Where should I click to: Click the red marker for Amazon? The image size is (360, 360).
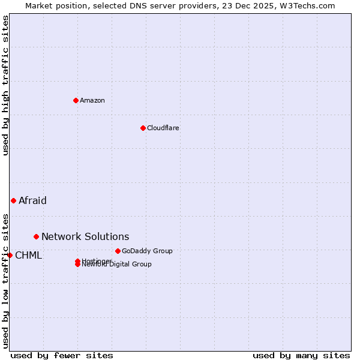click(76, 100)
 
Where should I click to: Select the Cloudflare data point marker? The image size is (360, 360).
click(143, 128)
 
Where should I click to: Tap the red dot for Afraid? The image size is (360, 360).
click(13, 200)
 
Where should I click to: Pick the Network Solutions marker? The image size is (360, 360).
click(36, 236)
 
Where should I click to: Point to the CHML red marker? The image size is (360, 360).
click(10, 255)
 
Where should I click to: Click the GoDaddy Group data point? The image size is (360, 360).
click(118, 251)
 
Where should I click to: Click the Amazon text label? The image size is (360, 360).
click(92, 100)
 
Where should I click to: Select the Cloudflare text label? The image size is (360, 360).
click(163, 128)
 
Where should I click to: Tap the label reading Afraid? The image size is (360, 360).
click(32, 200)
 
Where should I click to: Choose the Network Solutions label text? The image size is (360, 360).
click(85, 236)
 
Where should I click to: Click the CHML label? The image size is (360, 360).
click(28, 255)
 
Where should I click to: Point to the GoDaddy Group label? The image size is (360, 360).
click(147, 251)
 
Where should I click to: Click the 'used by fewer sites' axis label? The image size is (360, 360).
click(62, 355)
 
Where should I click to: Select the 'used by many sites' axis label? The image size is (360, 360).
click(301, 355)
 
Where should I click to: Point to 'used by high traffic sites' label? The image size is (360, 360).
click(5, 85)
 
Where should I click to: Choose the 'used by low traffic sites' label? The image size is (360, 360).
click(5, 280)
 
